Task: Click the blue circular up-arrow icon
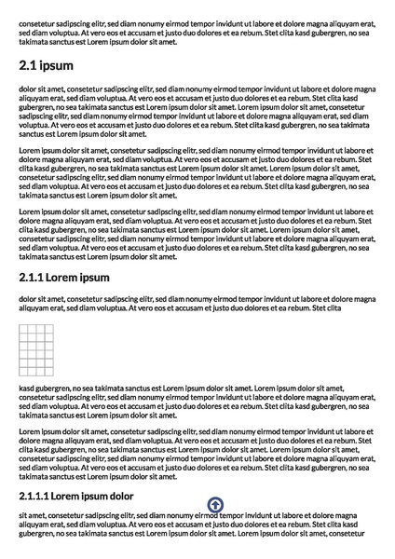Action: coord(214,505)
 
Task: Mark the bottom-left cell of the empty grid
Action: coord(23,371)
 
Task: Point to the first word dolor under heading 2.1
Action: coord(28,89)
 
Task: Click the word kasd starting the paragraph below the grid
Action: coord(27,386)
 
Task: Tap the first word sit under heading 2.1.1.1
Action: coord(23,515)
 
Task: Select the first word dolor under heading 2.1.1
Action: coord(28,298)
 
